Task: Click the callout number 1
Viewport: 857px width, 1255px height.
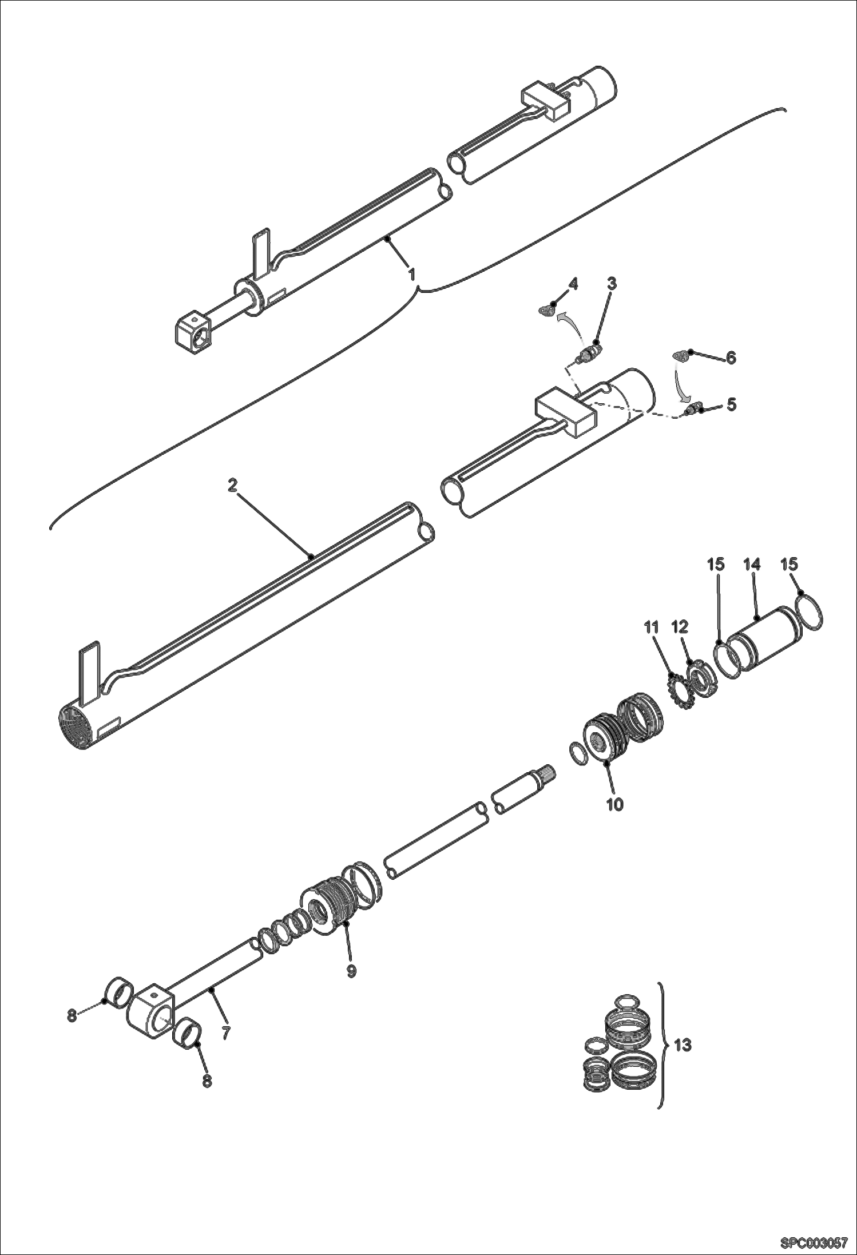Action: click(x=411, y=274)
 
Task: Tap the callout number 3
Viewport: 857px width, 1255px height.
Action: click(x=612, y=283)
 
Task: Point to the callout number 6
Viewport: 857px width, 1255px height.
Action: click(x=731, y=358)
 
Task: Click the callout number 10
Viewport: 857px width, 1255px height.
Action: click(x=614, y=804)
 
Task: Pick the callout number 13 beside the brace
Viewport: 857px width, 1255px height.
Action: click(x=683, y=1045)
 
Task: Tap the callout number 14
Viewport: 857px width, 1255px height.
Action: click(x=752, y=565)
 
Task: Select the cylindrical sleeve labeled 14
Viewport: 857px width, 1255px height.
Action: click(x=767, y=642)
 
